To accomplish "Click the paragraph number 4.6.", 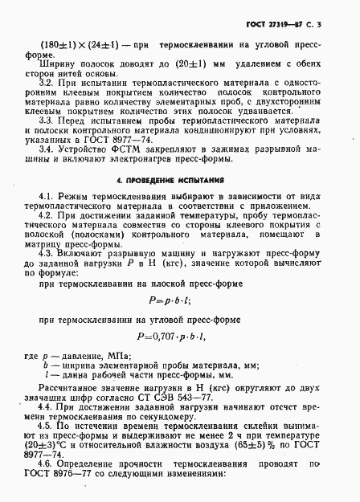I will tap(45, 487).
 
